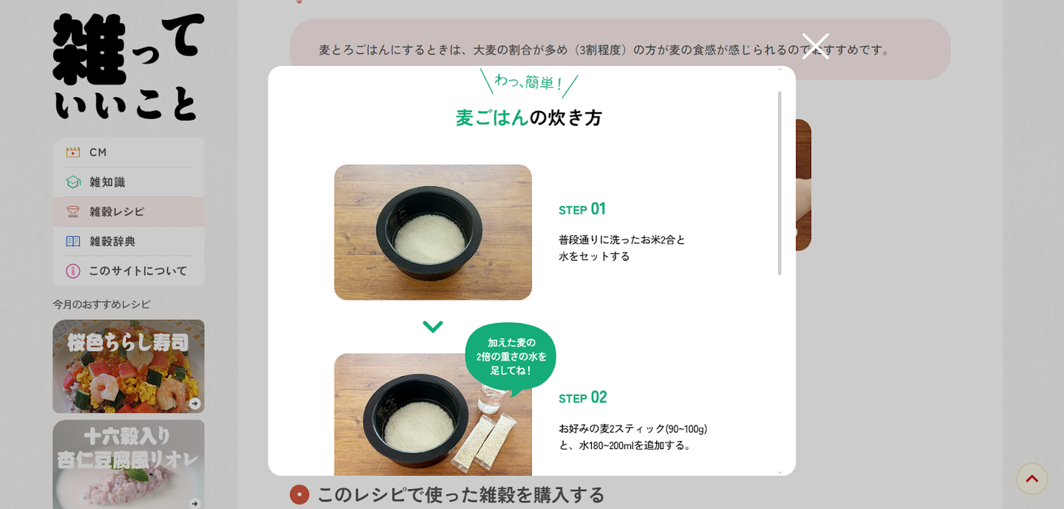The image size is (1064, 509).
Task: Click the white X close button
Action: click(815, 46)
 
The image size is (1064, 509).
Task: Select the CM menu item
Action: click(129, 152)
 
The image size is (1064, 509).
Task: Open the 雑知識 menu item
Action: click(129, 182)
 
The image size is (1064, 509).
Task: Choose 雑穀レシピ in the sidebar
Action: click(129, 212)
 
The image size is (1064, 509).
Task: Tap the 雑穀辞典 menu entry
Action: click(129, 242)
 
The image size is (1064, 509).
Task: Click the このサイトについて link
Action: click(129, 270)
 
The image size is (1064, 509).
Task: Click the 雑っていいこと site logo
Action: click(129, 66)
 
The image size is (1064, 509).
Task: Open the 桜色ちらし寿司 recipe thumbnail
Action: click(129, 366)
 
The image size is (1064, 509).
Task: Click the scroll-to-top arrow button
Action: click(1031, 479)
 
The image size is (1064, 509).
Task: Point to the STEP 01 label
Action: click(582, 209)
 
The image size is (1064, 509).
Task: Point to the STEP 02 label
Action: click(583, 397)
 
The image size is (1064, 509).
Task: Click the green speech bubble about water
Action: click(511, 357)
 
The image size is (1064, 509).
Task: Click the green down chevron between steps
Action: click(433, 327)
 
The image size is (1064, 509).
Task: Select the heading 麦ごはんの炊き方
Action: click(529, 117)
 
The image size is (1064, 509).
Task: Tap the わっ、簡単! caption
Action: click(529, 83)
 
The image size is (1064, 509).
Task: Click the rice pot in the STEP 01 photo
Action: click(429, 233)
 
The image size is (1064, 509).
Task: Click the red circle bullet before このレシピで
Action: click(299, 494)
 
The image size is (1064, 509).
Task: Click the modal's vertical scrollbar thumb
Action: click(780, 183)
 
